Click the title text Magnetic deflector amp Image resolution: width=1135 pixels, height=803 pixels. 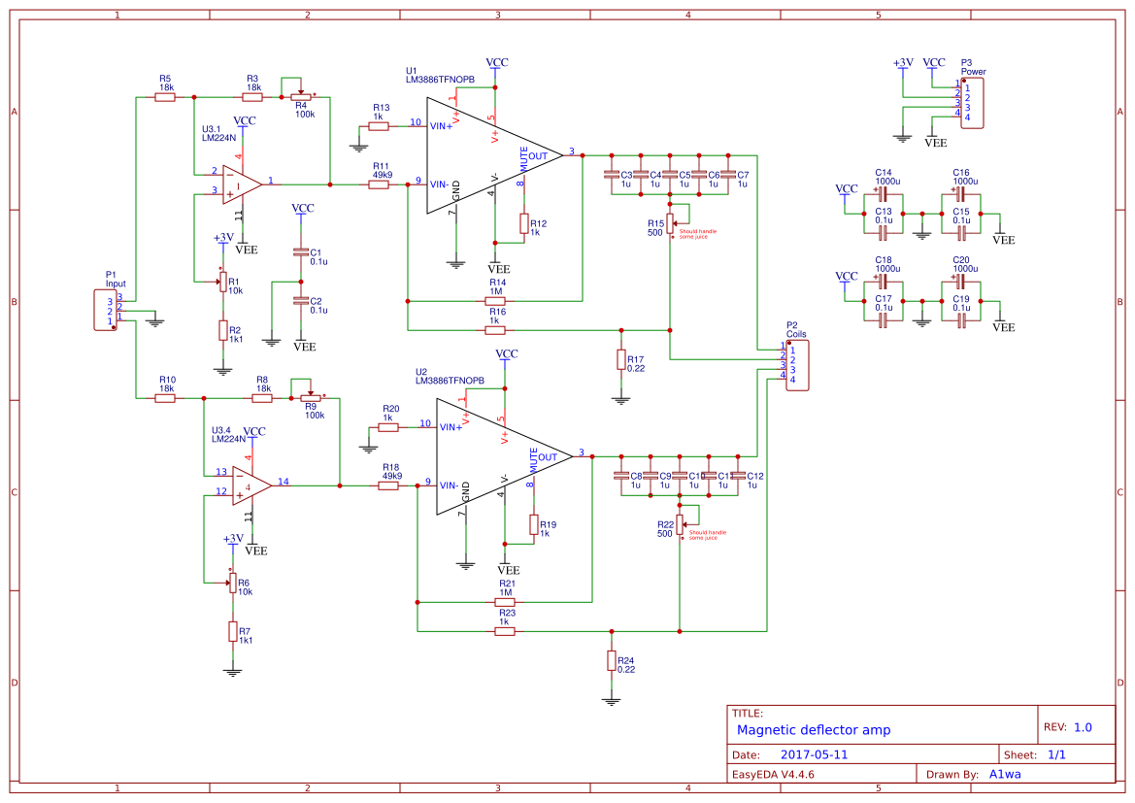tap(813, 730)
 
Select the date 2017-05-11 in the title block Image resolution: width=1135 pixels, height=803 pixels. tap(815, 754)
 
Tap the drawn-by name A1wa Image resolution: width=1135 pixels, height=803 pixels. tap(1004, 774)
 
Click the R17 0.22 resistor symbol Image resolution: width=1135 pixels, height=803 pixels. tap(621, 359)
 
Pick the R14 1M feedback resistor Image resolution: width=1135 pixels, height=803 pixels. tap(495, 301)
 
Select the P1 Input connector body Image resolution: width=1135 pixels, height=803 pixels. tap(105, 310)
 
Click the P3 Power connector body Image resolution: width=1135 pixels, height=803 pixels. tap(973, 103)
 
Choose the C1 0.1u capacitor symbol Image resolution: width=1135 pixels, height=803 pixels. tap(301, 252)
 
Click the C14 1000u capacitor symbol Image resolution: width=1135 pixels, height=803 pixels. tap(884, 192)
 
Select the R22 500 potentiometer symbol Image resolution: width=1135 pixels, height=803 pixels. tap(680, 524)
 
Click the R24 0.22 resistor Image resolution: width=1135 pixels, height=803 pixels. tap(611, 660)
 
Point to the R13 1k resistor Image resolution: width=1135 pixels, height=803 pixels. tap(379, 125)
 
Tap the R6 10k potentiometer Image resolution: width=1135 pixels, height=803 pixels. tap(232, 583)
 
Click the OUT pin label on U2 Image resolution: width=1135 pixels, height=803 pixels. tap(548, 456)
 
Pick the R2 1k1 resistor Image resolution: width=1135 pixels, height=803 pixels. tap(223, 330)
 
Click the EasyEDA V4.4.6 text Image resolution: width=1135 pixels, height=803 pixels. tap(773, 774)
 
